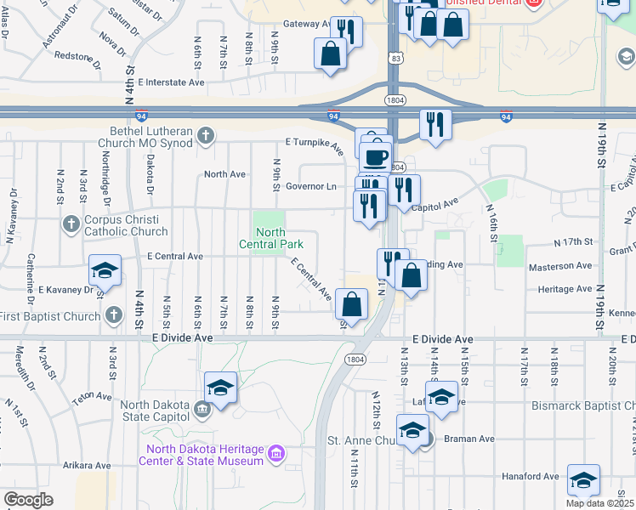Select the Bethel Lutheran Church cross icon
point(205,135)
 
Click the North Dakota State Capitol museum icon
point(202,411)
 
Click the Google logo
point(28,500)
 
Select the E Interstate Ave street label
point(171,82)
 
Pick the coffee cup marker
point(375,157)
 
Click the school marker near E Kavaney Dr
point(105,270)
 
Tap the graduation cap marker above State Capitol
point(221,388)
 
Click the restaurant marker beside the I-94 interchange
point(435,124)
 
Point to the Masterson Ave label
point(560,266)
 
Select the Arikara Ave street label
point(87,465)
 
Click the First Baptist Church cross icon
point(114,316)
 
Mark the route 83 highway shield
point(397,57)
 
